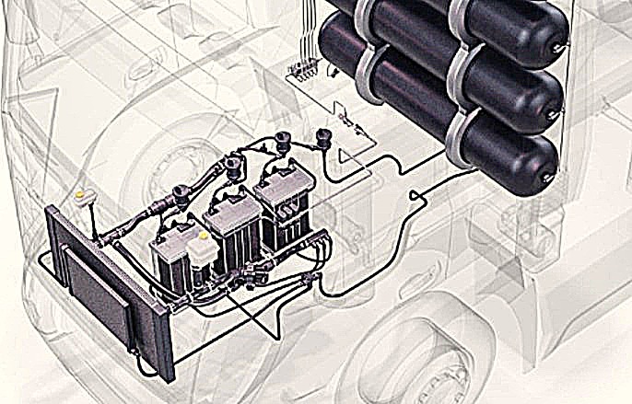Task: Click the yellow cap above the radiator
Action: [82, 195]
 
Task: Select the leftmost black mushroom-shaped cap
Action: [181, 196]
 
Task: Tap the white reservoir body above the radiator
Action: [85, 207]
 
